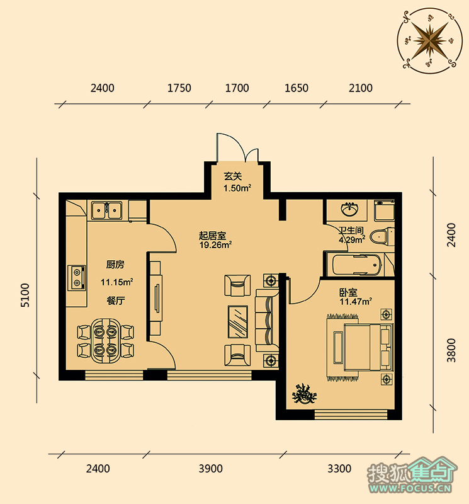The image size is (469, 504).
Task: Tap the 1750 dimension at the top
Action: (x=179, y=88)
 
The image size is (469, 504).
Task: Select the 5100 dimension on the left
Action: (x=25, y=295)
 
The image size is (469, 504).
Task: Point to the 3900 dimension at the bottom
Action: (x=210, y=469)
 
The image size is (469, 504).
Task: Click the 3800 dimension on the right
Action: (x=451, y=350)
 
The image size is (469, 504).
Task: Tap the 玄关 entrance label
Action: (x=232, y=176)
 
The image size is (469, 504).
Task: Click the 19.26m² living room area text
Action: (x=215, y=245)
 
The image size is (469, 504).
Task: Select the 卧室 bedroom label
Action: (x=349, y=292)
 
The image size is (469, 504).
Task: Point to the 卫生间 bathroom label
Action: (x=351, y=230)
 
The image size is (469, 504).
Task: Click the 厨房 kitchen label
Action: (x=115, y=265)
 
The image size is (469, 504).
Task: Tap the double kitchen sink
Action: (x=106, y=210)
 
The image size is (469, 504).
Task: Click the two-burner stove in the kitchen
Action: (x=77, y=277)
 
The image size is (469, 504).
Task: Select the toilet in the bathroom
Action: (x=382, y=238)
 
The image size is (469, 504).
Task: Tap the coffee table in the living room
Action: (x=238, y=322)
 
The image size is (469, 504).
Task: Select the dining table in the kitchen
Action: (x=105, y=341)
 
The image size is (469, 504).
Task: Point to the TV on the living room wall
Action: (x=157, y=298)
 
